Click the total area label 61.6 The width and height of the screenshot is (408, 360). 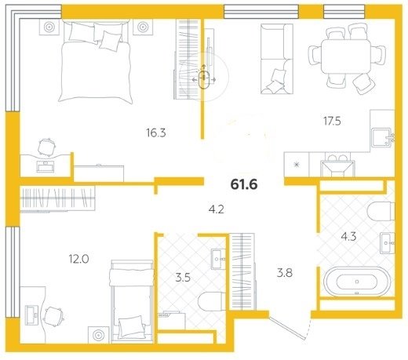[244, 184]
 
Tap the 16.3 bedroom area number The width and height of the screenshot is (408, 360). [156, 133]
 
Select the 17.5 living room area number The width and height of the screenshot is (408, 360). [332, 121]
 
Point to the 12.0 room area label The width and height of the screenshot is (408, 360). [78, 259]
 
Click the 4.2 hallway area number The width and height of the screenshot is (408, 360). [217, 209]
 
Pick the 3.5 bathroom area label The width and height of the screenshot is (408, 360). [183, 278]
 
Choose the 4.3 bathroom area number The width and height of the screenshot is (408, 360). [348, 237]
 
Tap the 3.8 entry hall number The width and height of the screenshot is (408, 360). [285, 273]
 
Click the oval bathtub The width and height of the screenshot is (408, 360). [357, 282]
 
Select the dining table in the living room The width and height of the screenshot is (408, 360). [346, 56]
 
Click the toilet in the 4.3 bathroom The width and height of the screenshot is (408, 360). [381, 211]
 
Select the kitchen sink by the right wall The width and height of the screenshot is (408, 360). [382, 136]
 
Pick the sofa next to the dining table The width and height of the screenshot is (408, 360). [277, 59]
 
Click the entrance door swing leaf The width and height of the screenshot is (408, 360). [287, 328]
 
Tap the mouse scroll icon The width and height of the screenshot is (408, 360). [204, 78]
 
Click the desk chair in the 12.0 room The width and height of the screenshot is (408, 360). [54, 317]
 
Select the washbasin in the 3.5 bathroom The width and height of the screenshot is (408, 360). [218, 260]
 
